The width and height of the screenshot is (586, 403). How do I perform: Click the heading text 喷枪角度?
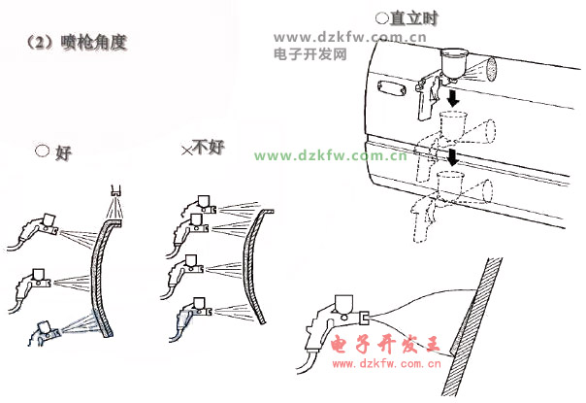point(94,43)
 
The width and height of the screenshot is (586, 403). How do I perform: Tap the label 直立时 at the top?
point(413,17)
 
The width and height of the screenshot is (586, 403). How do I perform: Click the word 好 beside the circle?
point(63,153)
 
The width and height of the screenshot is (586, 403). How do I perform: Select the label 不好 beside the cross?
point(209,147)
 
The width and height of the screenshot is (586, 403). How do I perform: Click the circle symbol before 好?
point(43,151)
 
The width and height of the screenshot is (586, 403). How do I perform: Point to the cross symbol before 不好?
point(186,151)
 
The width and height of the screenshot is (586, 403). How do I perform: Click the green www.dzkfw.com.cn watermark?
point(331,155)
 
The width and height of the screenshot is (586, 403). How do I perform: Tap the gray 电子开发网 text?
point(309,54)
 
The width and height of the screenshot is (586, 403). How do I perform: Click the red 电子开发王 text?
point(385,344)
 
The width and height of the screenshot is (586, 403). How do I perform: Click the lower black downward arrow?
point(453,157)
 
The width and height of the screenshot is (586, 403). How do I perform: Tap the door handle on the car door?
point(392,88)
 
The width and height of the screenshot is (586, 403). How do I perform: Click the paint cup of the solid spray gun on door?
point(452,64)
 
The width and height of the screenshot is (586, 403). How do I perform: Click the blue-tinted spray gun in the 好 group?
point(44,332)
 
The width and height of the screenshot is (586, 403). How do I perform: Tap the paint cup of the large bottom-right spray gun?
point(343,305)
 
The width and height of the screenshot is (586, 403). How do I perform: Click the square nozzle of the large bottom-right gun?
point(364,319)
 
